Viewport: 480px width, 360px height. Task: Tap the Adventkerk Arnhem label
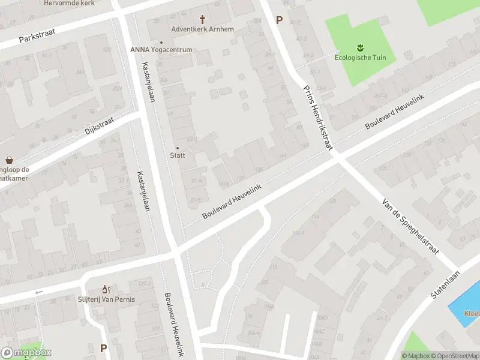click(202, 29)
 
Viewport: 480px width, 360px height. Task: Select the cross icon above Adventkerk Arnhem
click(202, 19)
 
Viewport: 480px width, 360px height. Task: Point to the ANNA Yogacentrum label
click(161, 50)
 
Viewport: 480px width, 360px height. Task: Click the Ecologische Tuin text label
click(360, 58)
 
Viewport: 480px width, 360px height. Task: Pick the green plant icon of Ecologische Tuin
click(360, 47)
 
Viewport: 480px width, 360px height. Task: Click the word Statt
click(177, 155)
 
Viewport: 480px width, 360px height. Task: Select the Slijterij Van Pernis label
click(106, 299)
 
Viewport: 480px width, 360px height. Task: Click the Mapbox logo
click(26, 353)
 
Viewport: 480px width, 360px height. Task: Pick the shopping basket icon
click(9, 160)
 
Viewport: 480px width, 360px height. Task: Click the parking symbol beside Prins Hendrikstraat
click(279, 20)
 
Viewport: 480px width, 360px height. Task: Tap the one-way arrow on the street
click(40, 292)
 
